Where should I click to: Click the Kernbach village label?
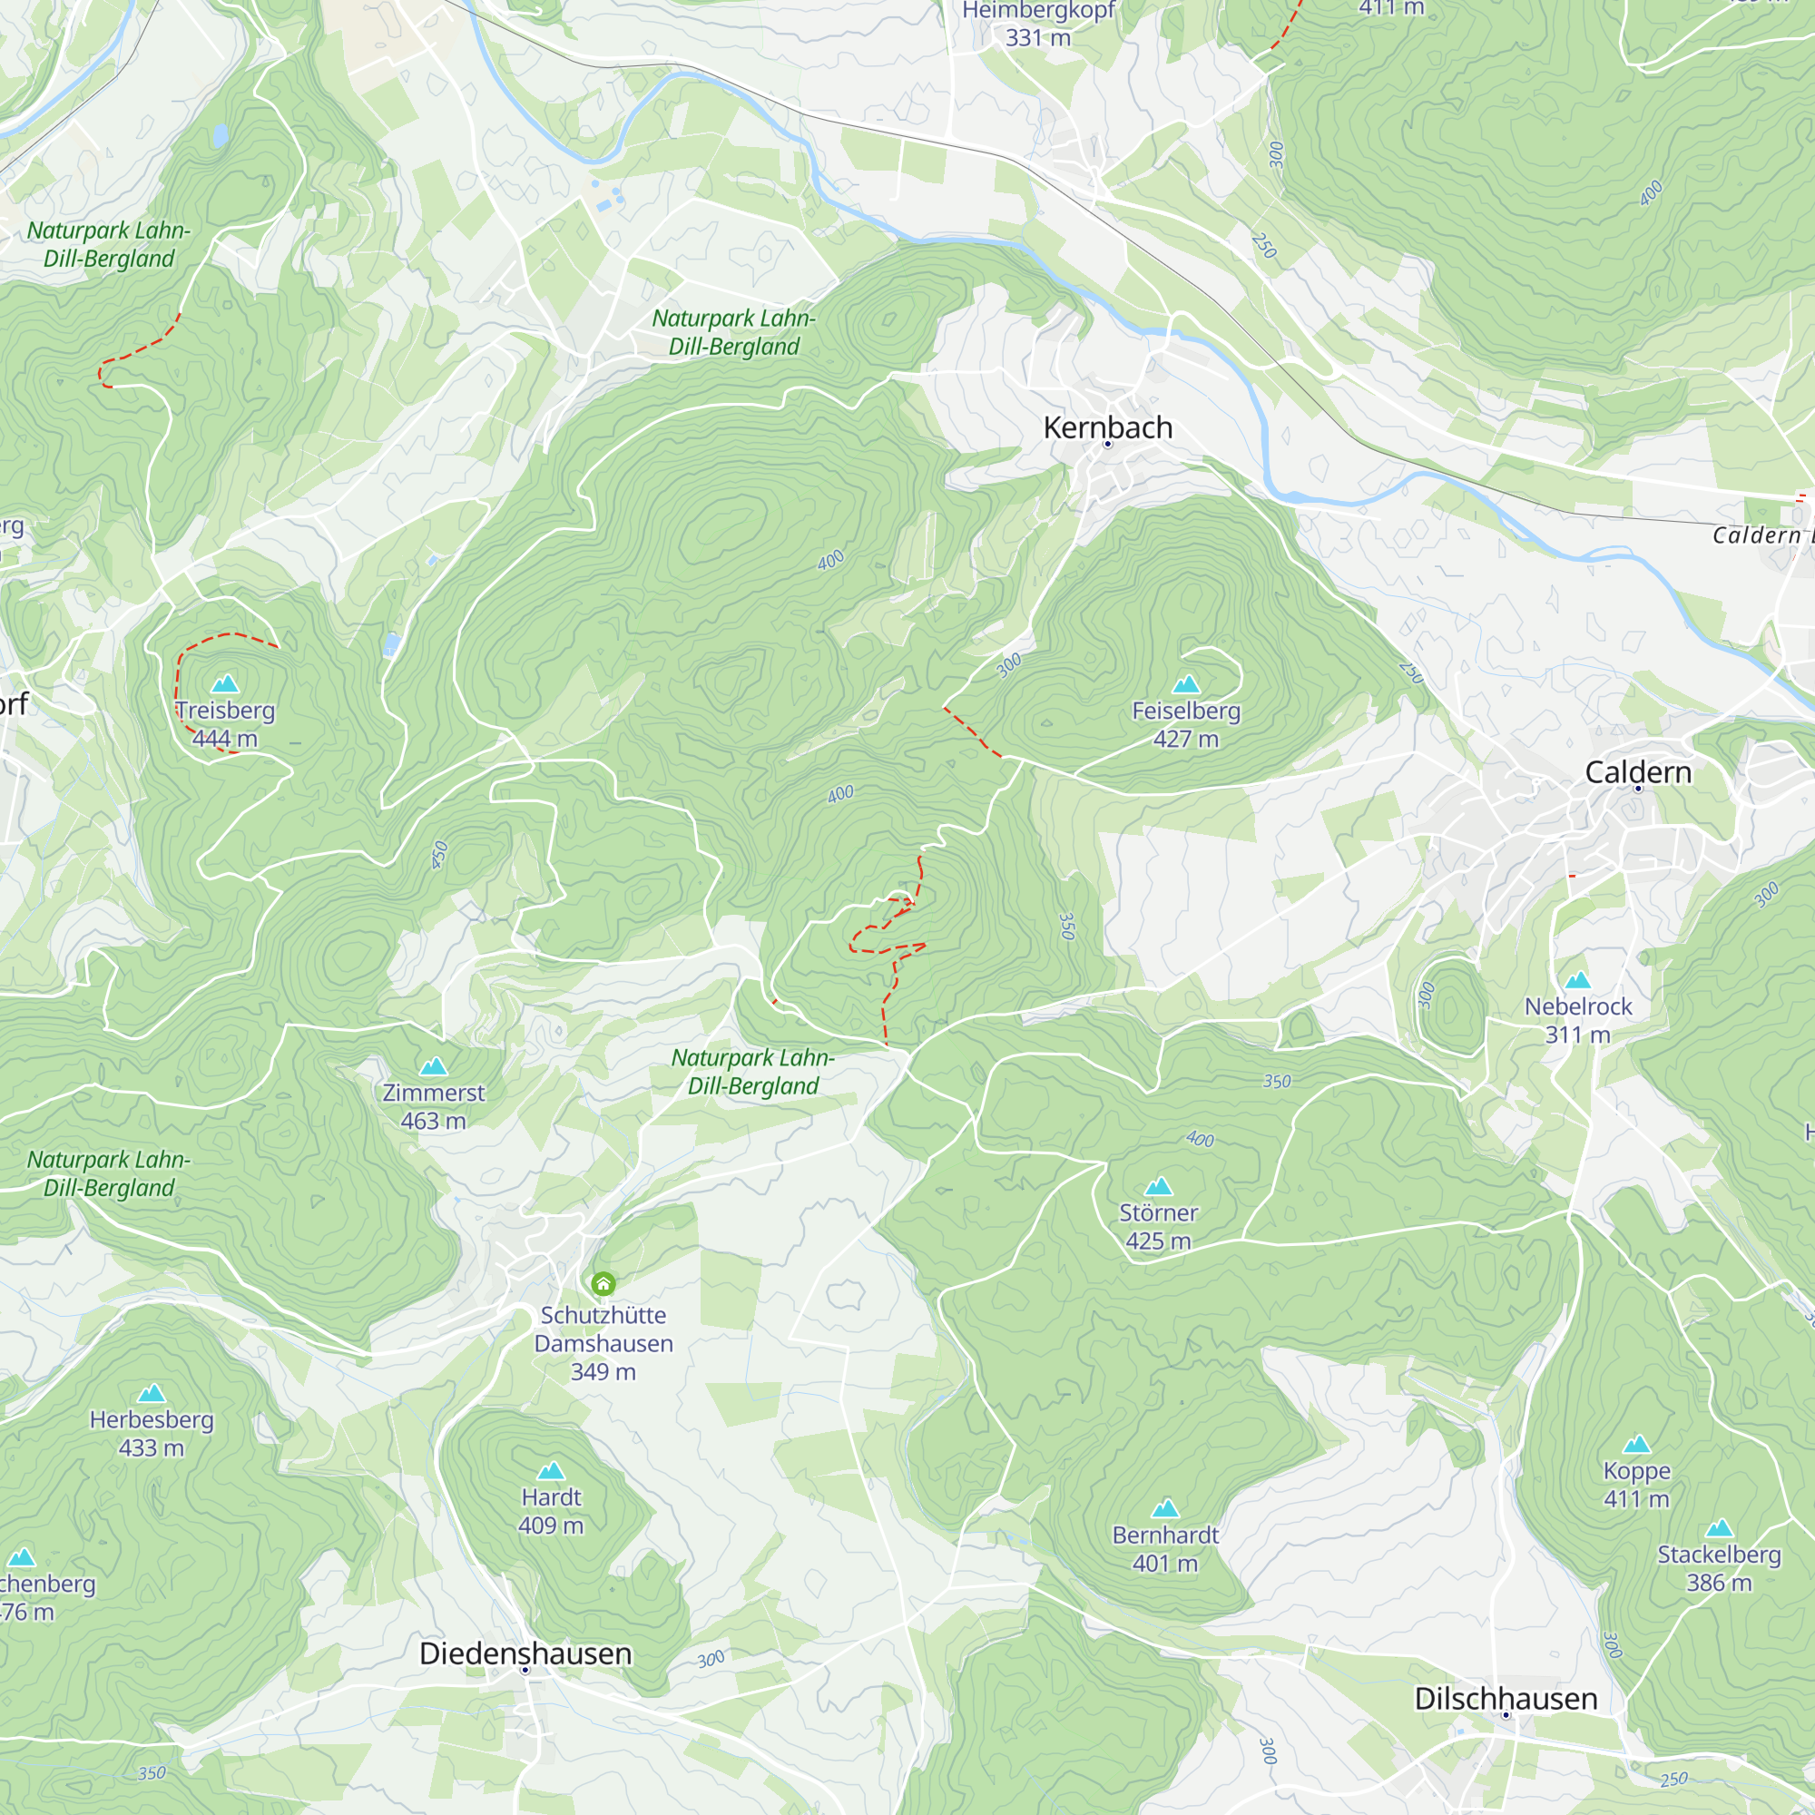(1107, 427)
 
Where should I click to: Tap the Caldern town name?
(1638, 772)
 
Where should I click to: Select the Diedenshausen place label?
(525, 1653)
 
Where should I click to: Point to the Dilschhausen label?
(1506, 1699)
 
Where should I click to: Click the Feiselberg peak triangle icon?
(1186, 684)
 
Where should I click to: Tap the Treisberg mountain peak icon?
(225, 683)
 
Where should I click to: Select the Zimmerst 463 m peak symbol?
(433, 1066)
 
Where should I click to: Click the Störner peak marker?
(1158, 1186)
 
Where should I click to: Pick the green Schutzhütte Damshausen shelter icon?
(603, 1283)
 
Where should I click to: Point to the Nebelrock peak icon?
(1577, 980)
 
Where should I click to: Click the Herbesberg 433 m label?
(152, 1433)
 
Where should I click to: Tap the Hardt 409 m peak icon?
(552, 1470)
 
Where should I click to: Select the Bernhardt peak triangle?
(1165, 1509)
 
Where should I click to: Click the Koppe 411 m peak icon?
(1636, 1444)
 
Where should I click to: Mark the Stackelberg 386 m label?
(1718, 1568)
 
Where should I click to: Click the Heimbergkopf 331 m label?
(1038, 24)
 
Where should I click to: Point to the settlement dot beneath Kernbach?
(1107, 445)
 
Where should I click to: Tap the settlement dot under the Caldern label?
(1638, 790)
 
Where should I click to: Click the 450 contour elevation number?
(439, 855)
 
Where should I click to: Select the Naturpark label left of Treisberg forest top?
(109, 244)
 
